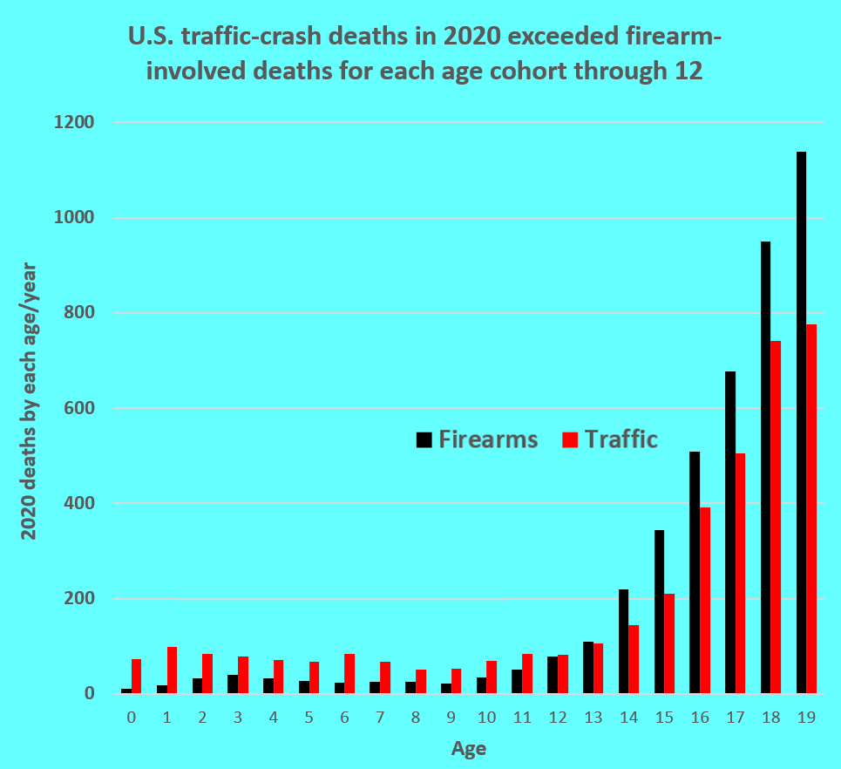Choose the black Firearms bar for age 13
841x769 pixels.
point(587,668)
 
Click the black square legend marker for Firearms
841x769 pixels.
point(424,439)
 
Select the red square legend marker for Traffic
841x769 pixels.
point(570,439)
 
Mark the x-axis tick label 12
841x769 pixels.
point(558,718)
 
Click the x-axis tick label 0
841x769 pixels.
point(132,718)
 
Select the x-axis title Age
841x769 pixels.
point(469,748)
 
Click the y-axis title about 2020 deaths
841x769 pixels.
point(30,399)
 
